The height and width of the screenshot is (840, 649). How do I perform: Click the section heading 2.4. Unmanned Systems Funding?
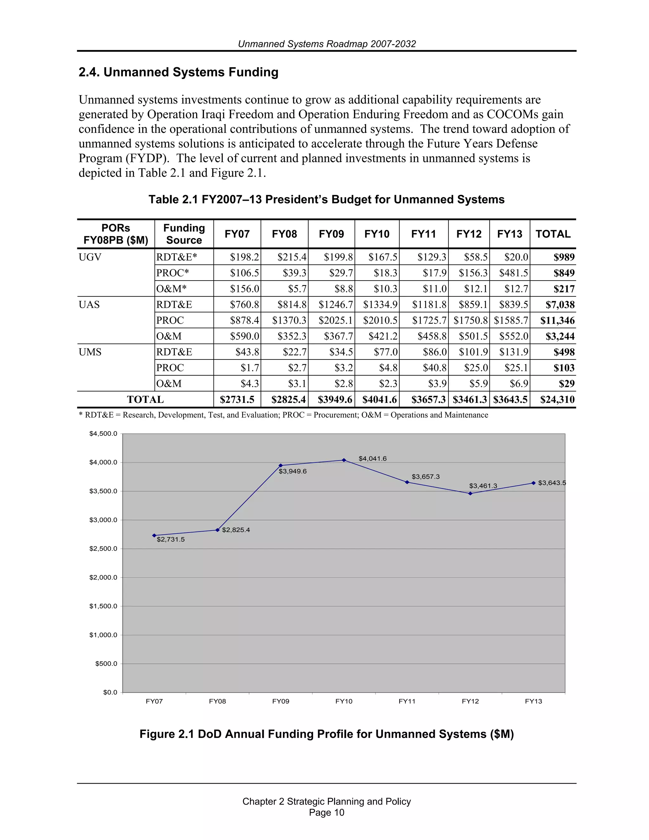178,72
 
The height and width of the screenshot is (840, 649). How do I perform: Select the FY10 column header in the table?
377,234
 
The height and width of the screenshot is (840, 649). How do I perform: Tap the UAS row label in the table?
89,305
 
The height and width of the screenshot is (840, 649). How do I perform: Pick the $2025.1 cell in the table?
335,320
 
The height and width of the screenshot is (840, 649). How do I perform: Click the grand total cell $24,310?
557,400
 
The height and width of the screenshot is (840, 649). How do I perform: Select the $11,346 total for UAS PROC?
557,320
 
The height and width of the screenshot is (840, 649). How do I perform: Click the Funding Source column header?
184,234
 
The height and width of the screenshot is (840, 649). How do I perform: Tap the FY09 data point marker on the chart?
281,465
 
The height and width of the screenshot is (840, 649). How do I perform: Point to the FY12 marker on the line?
470,494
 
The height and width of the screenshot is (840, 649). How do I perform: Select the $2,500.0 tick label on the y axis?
103,548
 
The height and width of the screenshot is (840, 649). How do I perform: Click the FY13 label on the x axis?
533,701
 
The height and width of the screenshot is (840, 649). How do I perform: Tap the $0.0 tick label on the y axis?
110,692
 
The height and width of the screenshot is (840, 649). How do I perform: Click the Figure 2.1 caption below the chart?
326,734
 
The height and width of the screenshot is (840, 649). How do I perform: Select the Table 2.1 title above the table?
326,199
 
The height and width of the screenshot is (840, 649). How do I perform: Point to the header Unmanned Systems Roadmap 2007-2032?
326,44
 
